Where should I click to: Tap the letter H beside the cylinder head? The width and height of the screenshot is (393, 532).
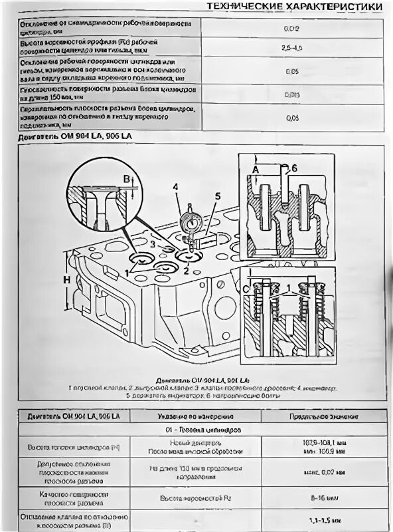point(67,281)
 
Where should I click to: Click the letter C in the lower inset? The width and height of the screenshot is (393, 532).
point(246,289)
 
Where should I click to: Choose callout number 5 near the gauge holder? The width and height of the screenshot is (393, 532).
point(217,196)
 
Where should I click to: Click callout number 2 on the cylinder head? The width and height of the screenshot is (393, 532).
point(187,271)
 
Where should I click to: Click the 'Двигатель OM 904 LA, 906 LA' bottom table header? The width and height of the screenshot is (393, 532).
point(74,416)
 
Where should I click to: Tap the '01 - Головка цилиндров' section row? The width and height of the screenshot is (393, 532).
point(197,430)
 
